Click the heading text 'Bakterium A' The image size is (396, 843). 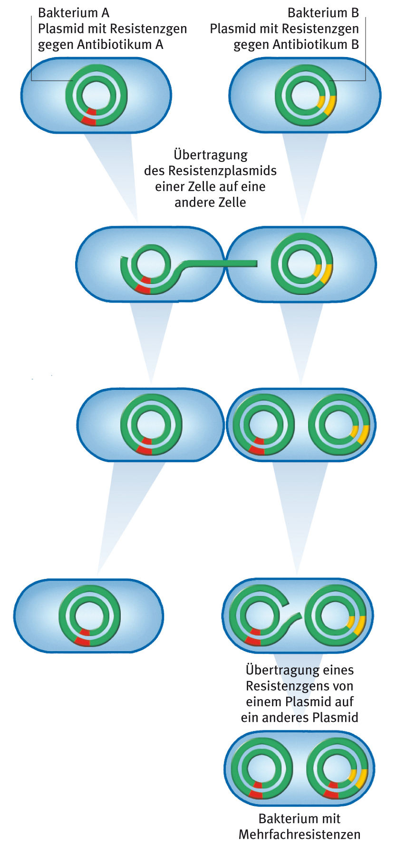[74, 13]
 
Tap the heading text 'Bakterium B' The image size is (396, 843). [323, 13]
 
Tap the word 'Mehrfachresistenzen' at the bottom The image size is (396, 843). [299, 834]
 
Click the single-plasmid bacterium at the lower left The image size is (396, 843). [88, 616]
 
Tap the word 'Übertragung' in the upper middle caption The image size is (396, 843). [211, 155]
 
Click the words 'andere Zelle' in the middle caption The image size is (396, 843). [210, 202]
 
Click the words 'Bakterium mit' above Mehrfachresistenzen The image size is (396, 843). [299, 818]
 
